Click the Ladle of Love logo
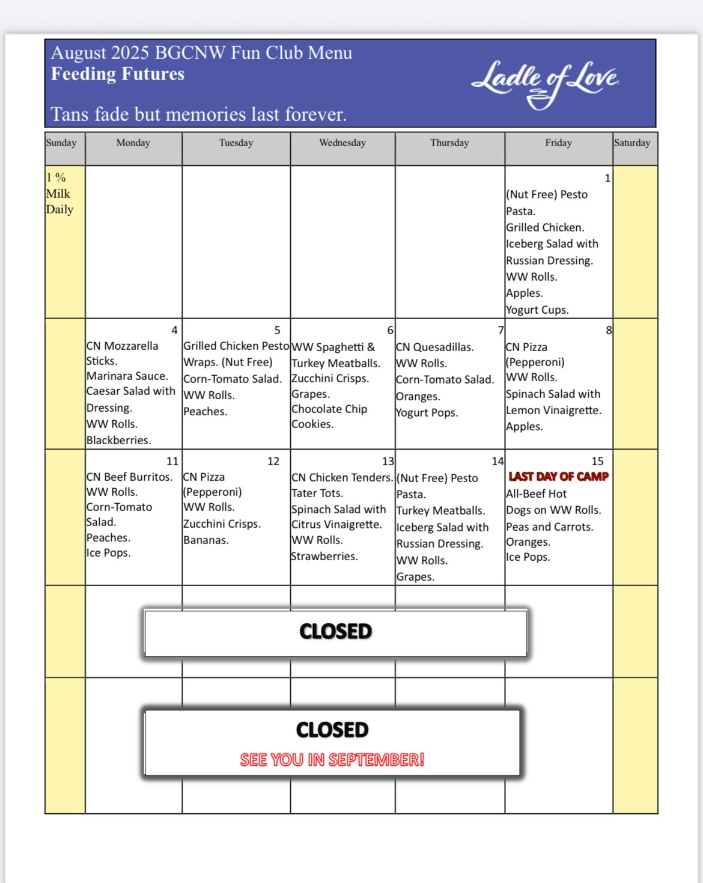[545, 85]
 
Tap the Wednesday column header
[342, 143]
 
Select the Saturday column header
[632, 143]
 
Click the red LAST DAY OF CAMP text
[559, 477]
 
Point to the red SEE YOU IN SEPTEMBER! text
[332, 760]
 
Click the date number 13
[388, 461]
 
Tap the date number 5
[277, 330]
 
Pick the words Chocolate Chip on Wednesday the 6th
[329, 409]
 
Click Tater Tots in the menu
[317, 493]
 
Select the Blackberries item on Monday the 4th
[118, 440]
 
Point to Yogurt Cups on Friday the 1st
[537, 310]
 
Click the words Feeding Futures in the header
[118, 74]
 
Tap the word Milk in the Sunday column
[58, 194]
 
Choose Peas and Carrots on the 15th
[550, 527]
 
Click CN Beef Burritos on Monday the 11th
[130, 477]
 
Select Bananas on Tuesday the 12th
[206, 540]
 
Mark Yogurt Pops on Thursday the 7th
[427, 413]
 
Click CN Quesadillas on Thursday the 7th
[435, 347]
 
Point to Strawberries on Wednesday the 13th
[324, 557]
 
